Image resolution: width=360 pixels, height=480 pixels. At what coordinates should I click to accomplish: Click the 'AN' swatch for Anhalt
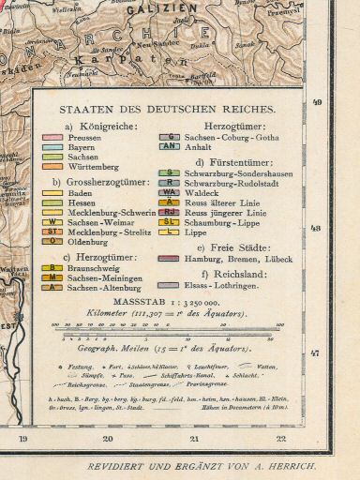(170, 146)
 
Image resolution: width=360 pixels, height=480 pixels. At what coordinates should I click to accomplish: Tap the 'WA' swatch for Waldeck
(170, 192)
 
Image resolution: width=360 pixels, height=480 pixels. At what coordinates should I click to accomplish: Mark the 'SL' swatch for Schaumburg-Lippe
(170, 221)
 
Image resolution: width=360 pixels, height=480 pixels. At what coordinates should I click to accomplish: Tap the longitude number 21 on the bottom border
(194, 438)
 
